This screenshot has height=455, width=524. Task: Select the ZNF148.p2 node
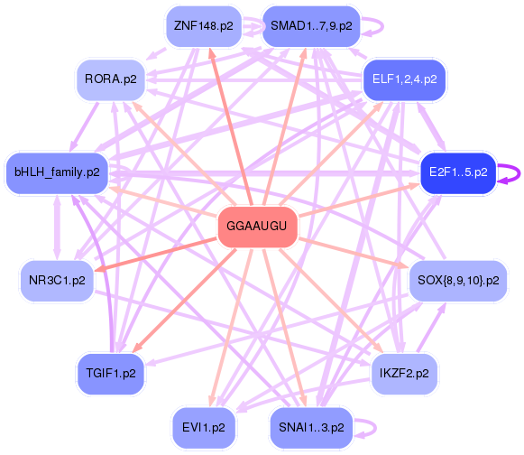(x=203, y=26)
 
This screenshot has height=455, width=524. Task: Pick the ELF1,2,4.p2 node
(x=403, y=79)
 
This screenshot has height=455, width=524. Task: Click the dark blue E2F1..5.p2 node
(x=457, y=172)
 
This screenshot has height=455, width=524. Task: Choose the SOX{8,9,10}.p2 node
(x=457, y=281)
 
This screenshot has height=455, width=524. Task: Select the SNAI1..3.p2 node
(x=310, y=427)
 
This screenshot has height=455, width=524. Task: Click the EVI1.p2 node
(x=203, y=427)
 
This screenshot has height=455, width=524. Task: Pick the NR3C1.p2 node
(x=57, y=281)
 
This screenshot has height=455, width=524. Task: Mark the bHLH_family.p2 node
(x=57, y=172)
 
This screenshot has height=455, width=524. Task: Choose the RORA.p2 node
(x=110, y=79)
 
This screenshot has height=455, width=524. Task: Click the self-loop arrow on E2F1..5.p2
(x=512, y=172)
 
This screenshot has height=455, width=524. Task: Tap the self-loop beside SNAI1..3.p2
(x=368, y=427)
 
